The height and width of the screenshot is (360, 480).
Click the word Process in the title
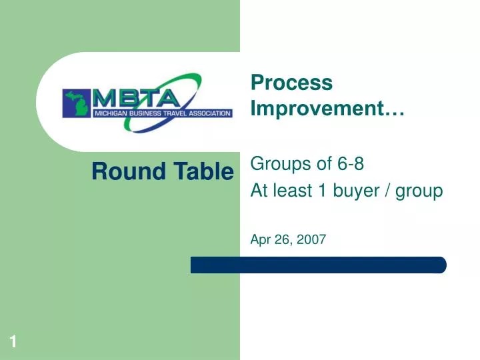coord(291,83)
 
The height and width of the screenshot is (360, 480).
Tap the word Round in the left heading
coord(119,172)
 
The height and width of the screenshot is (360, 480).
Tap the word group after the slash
coord(419,191)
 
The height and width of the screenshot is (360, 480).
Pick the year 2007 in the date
coord(313,241)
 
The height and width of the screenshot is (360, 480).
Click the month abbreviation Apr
coord(260,241)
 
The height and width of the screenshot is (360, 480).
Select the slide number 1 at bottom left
coord(13,343)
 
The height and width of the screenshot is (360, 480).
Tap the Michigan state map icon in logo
coord(77,103)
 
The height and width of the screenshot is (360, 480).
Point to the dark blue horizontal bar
coord(318,265)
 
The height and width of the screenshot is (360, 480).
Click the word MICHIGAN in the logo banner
coord(112,113)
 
